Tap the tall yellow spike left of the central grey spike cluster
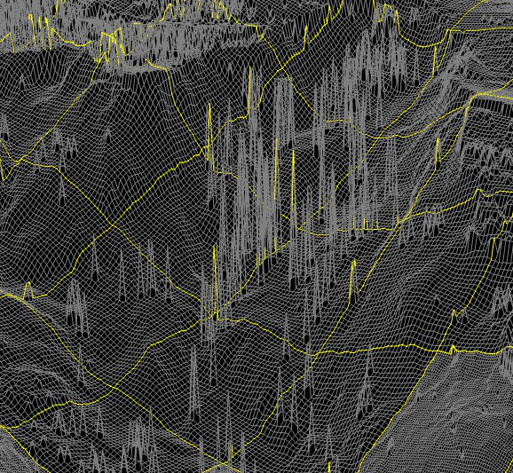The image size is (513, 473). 209,133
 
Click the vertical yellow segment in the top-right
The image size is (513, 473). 438,53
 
